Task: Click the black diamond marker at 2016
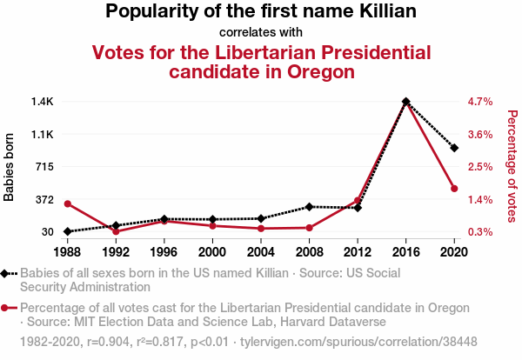pyautogui.click(x=405, y=102)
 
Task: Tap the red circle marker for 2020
pyautogui.click(x=454, y=189)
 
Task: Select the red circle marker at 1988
pyautogui.click(x=67, y=203)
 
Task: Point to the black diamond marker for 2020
pyautogui.click(x=454, y=148)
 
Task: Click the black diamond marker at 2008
pyautogui.click(x=309, y=207)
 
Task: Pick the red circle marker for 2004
pyautogui.click(x=261, y=229)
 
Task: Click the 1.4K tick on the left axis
pyautogui.click(x=43, y=102)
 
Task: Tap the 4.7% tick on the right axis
pyautogui.click(x=480, y=102)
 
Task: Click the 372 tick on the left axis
pyautogui.click(x=43, y=199)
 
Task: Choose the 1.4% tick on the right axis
pyautogui.click(x=480, y=199)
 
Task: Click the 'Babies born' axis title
pyautogui.click(x=10, y=167)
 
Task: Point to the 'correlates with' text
pyautogui.click(x=261, y=33)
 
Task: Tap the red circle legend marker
pyautogui.click(x=7, y=308)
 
